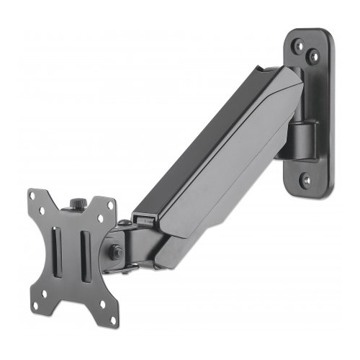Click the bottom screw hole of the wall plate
pyautogui.click(x=307, y=180)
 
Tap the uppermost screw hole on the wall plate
pyautogui.click(x=298, y=45)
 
